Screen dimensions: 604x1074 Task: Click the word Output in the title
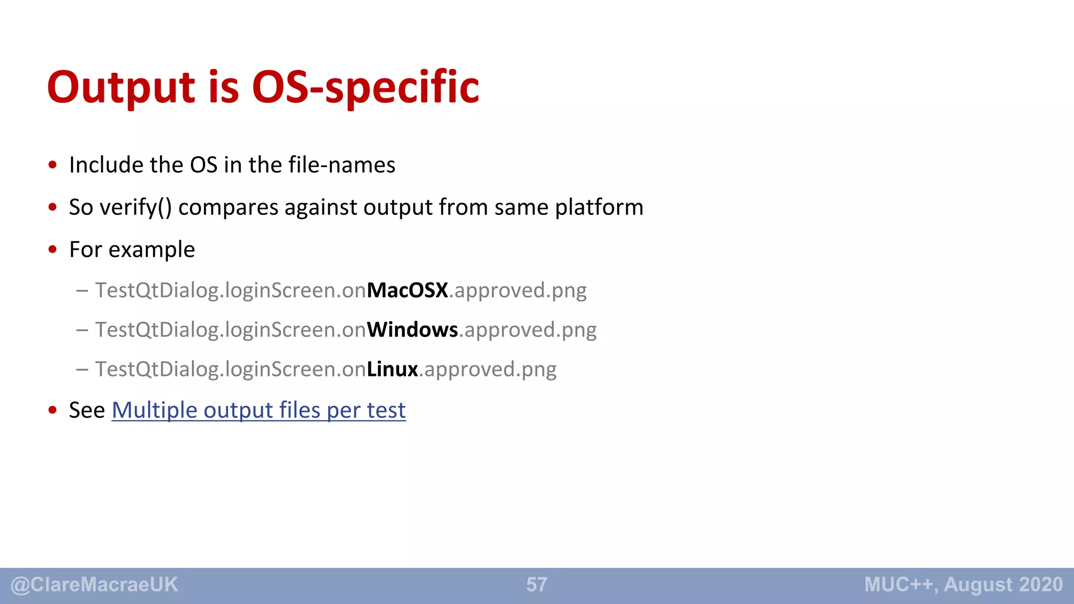click(x=121, y=87)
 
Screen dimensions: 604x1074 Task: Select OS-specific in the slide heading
click(x=366, y=87)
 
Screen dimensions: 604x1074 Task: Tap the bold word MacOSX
click(x=407, y=290)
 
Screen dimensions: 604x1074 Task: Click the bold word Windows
click(x=413, y=330)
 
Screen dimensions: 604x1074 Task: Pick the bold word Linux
click(x=392, y=369)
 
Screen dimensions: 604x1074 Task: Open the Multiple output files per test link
click(x=259, y=410)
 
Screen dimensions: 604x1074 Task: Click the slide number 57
click(x=536, y=585)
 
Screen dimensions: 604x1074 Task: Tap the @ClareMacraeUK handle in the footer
click(x=94, y=585)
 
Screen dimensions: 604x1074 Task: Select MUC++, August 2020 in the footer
click(x=963, y=585)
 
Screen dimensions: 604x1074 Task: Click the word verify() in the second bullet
click(x=135, y=208)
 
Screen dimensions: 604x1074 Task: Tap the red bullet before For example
click(x=52, y=250)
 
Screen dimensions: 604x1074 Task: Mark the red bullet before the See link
click(x=52, y=410)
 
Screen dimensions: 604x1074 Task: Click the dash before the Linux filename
click(x=82, y=369)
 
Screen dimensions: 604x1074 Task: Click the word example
click(x=152, y=250)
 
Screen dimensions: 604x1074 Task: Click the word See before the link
click(x=87, y=410)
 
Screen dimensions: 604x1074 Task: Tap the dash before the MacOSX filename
click(x=82, y=290)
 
